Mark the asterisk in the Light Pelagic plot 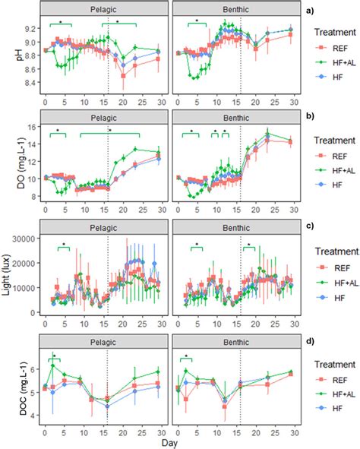64,245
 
